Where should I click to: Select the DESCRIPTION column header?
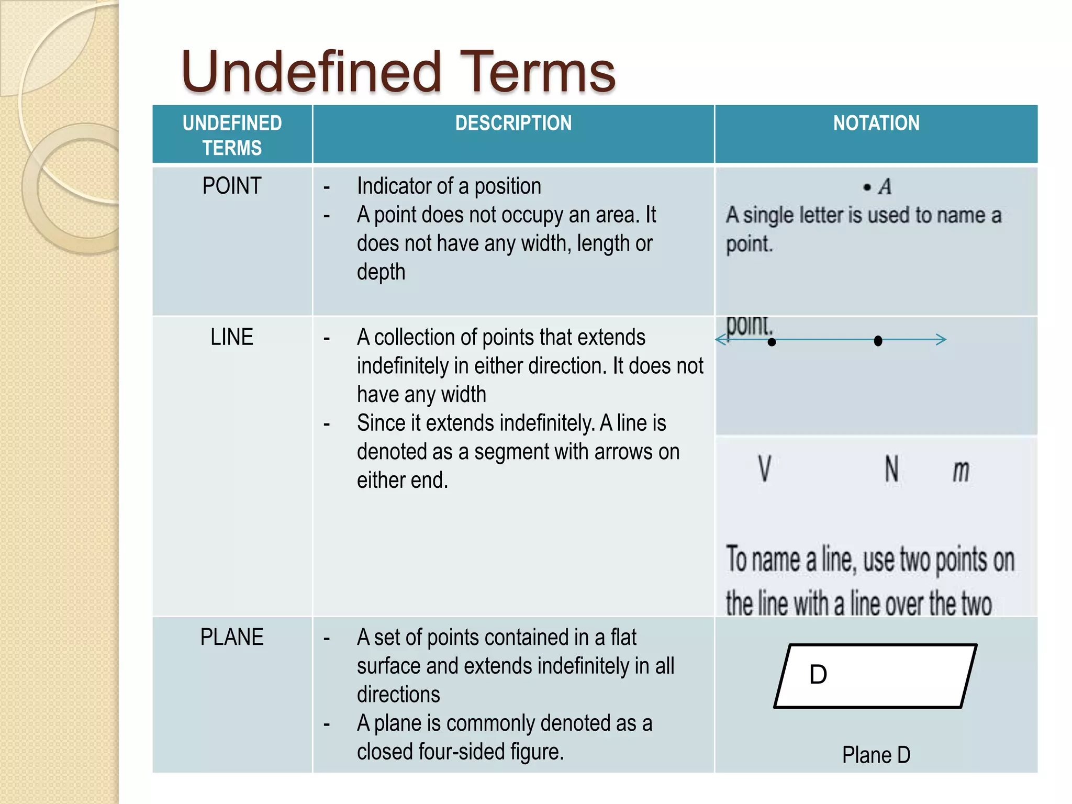coord(513,124)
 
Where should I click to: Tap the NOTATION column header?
coord(876,124)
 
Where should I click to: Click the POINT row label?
coord(231,186)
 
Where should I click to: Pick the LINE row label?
coord(231,337)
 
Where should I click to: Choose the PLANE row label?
coord(231,637)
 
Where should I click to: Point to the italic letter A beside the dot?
coord(885,187)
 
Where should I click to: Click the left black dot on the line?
coord(772,342)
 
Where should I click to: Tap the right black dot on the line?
coord(878,341)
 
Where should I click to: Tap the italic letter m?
coord(961,471)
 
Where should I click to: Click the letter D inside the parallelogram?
coord(818,675)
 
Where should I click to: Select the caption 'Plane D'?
coord(876,755)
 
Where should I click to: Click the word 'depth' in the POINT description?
coord(381,272)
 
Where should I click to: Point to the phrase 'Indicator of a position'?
coord(449,186)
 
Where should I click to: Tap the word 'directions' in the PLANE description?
coord(398,695)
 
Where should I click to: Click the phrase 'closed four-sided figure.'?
coord(460,752)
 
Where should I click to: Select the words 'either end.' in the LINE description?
coord(402,480)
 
